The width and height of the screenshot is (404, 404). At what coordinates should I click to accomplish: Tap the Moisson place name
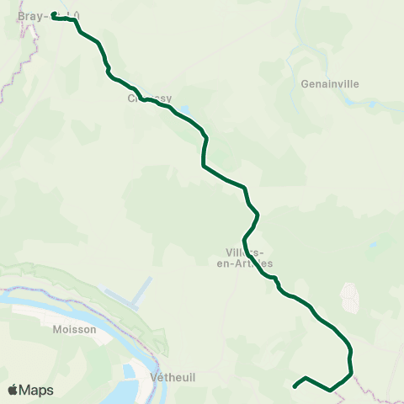point(72,330)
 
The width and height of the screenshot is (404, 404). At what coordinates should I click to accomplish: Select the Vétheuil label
point(172,378)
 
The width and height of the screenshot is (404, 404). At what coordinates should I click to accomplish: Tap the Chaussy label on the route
point(144,98)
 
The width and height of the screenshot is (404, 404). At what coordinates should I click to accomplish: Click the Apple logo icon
point(13,391)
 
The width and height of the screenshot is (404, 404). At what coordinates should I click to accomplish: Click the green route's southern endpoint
point(295,386)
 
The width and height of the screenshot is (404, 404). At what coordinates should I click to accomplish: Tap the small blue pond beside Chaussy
point(184,110)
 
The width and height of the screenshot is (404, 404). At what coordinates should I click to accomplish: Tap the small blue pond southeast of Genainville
point(371,104)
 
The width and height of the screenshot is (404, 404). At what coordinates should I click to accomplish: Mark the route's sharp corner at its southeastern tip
point(350,370)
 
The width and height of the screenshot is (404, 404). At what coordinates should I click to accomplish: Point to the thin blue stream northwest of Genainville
point(290,59)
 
